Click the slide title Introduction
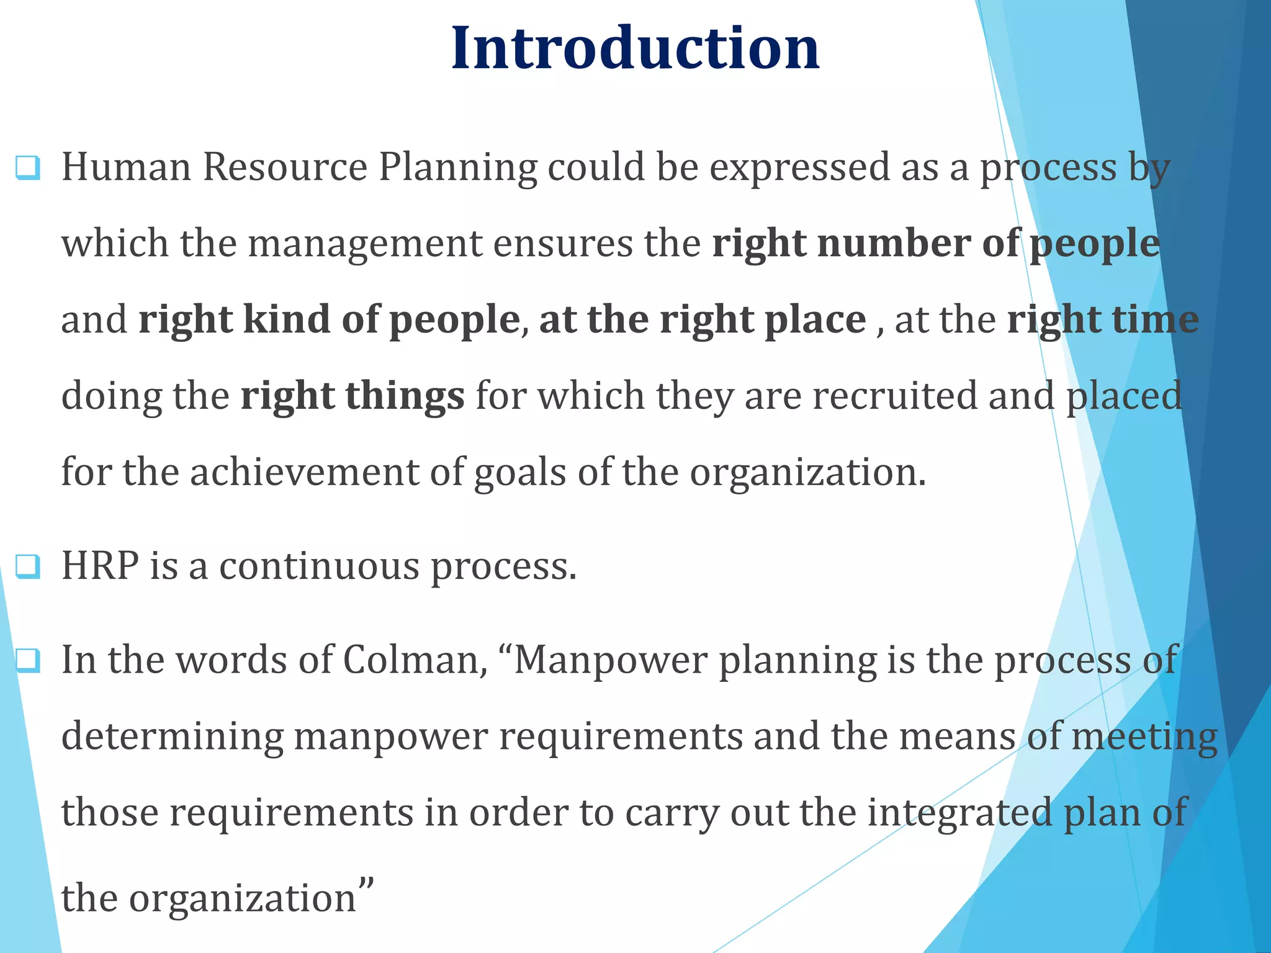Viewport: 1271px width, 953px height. [x=635, y=48]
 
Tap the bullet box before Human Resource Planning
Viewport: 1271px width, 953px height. [x=28, y=168]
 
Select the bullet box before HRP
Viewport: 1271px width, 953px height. [x=28, y=566]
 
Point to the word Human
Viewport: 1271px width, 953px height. [x=126, y=168]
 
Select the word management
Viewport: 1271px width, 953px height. [x=365, y=244]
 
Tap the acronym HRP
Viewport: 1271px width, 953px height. [x=100, y=566]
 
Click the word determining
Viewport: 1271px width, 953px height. [x=172, y=738]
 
